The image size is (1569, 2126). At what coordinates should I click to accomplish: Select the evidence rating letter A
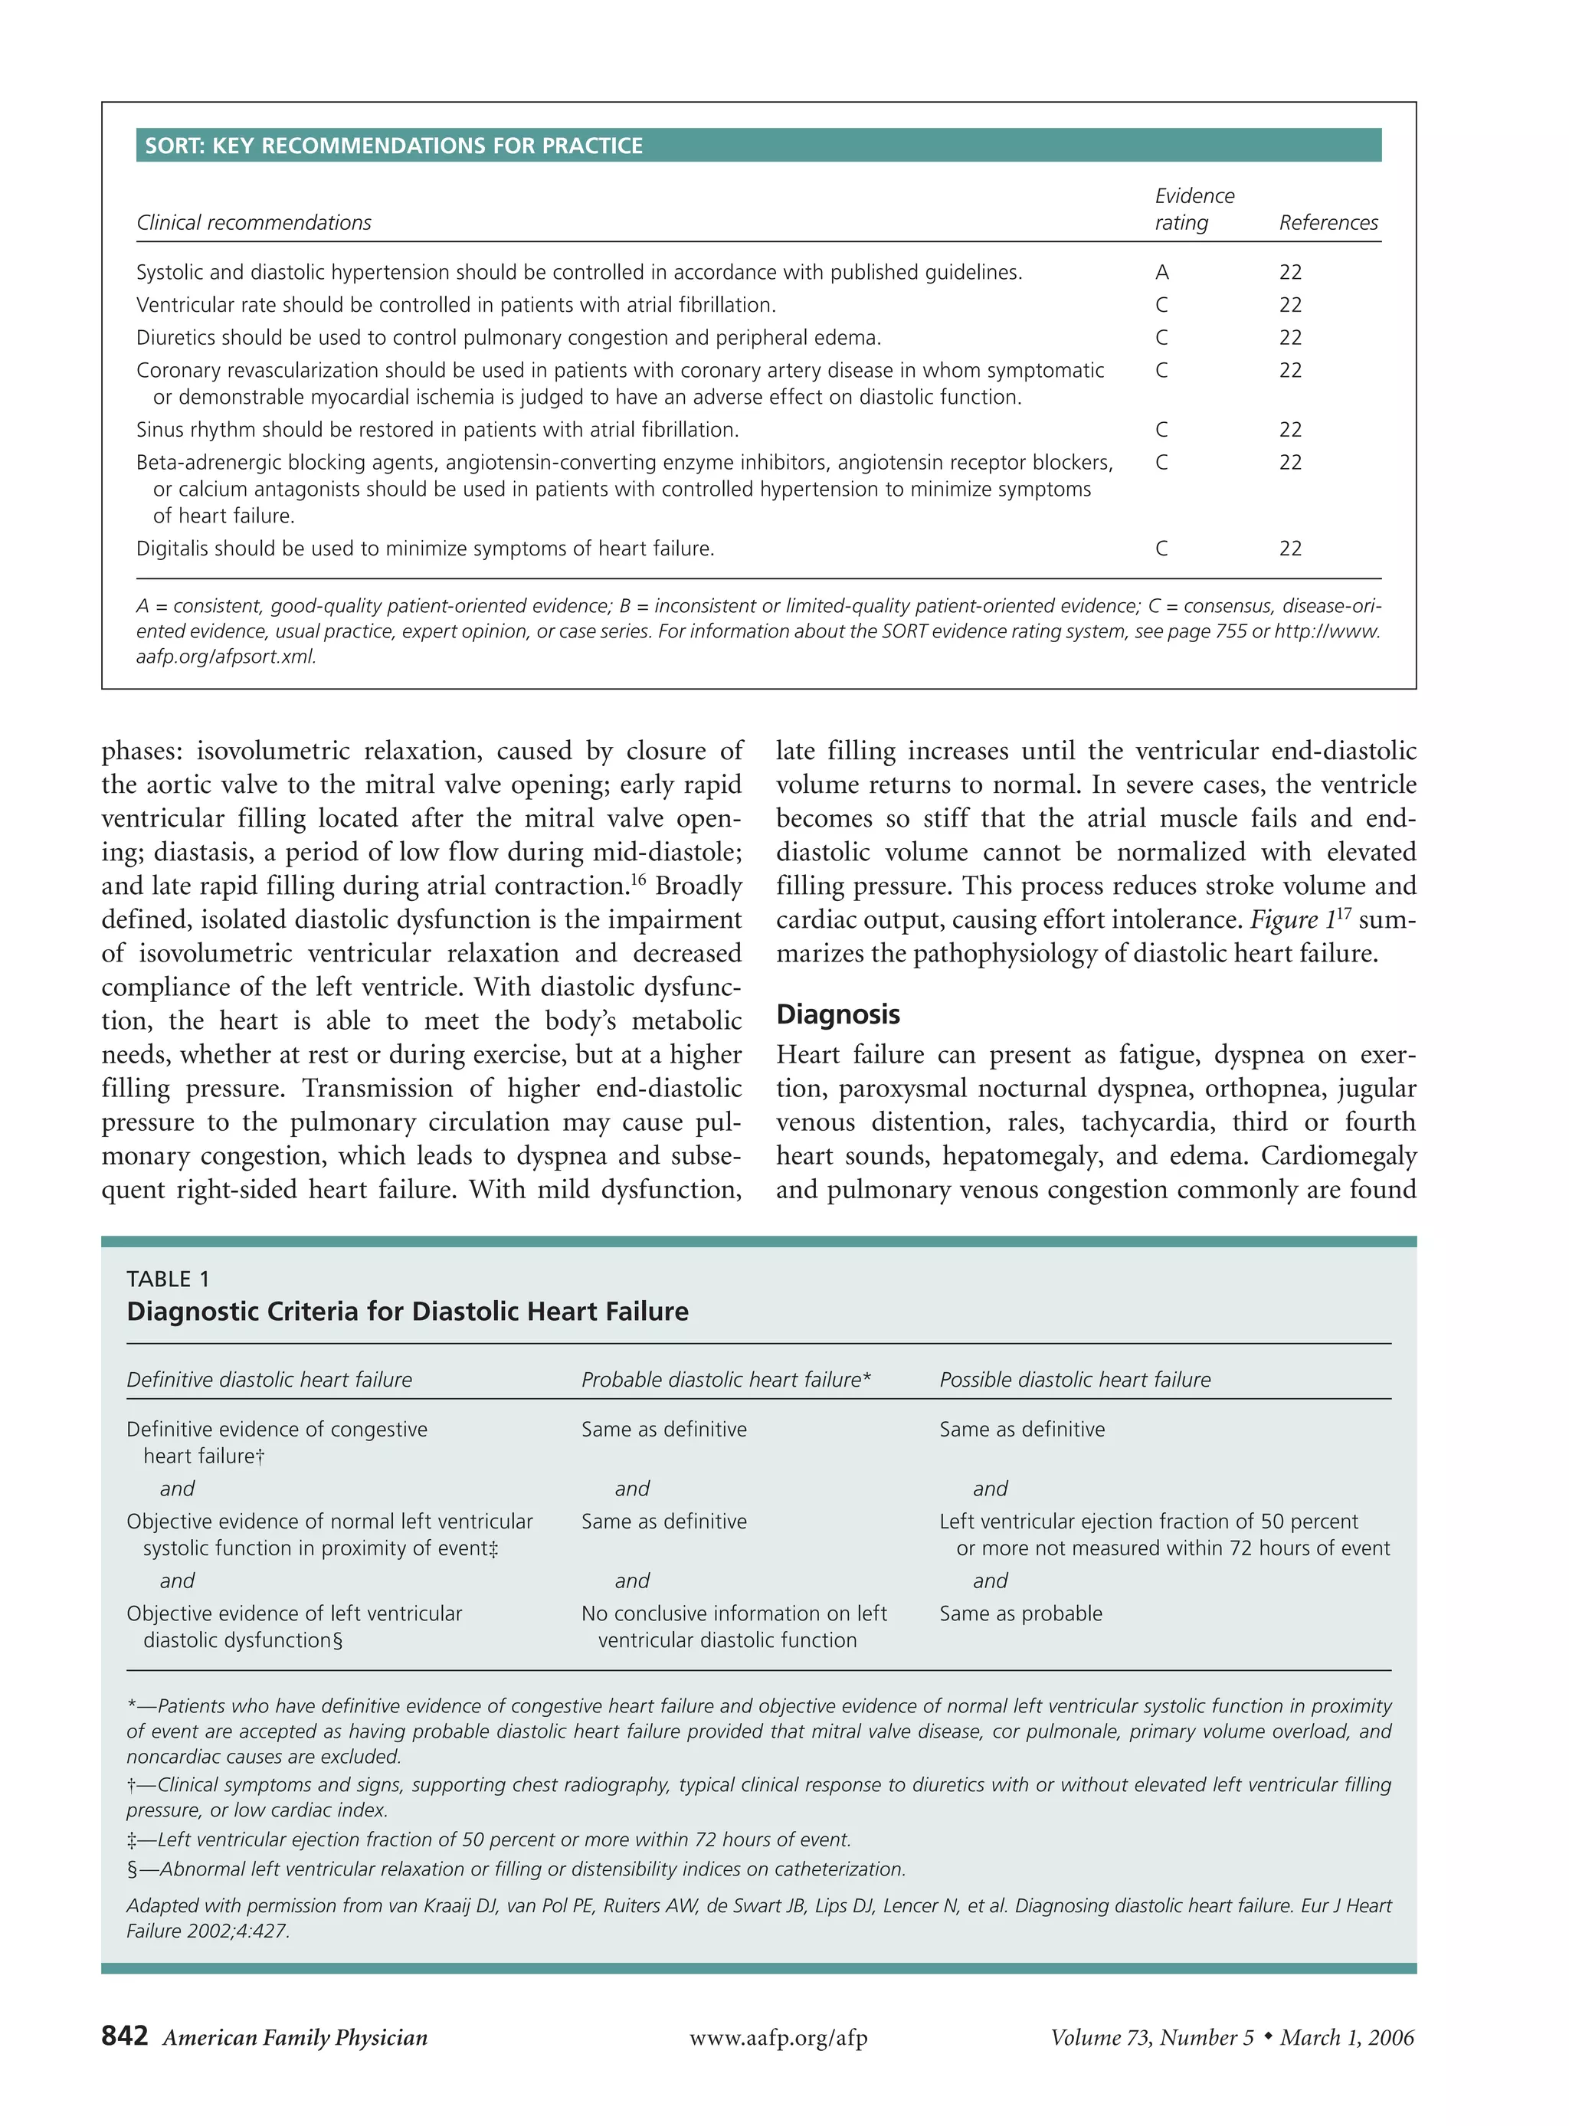pos(1161,273)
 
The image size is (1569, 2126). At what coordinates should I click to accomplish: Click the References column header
pos(1328,222)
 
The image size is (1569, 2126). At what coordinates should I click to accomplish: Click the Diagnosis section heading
pos(837,1014)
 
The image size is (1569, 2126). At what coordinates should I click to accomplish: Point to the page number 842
pos(124,2036)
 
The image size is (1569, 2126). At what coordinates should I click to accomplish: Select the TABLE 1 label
pos(168,1279)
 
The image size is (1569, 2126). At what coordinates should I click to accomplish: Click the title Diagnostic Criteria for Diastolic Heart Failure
pos(408,1312)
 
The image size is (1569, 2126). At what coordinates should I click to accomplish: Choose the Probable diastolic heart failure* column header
pos(726,1380)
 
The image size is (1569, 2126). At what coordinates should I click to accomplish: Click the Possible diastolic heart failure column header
pos(1074,1380)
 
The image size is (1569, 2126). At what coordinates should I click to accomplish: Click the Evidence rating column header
pos(1194,209)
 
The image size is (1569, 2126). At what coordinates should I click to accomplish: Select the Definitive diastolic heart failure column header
pos(269,1380)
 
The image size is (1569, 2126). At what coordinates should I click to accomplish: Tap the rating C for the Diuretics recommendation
pos(1161,338)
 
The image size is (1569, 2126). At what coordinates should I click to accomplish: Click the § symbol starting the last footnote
pos(132,1869)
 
